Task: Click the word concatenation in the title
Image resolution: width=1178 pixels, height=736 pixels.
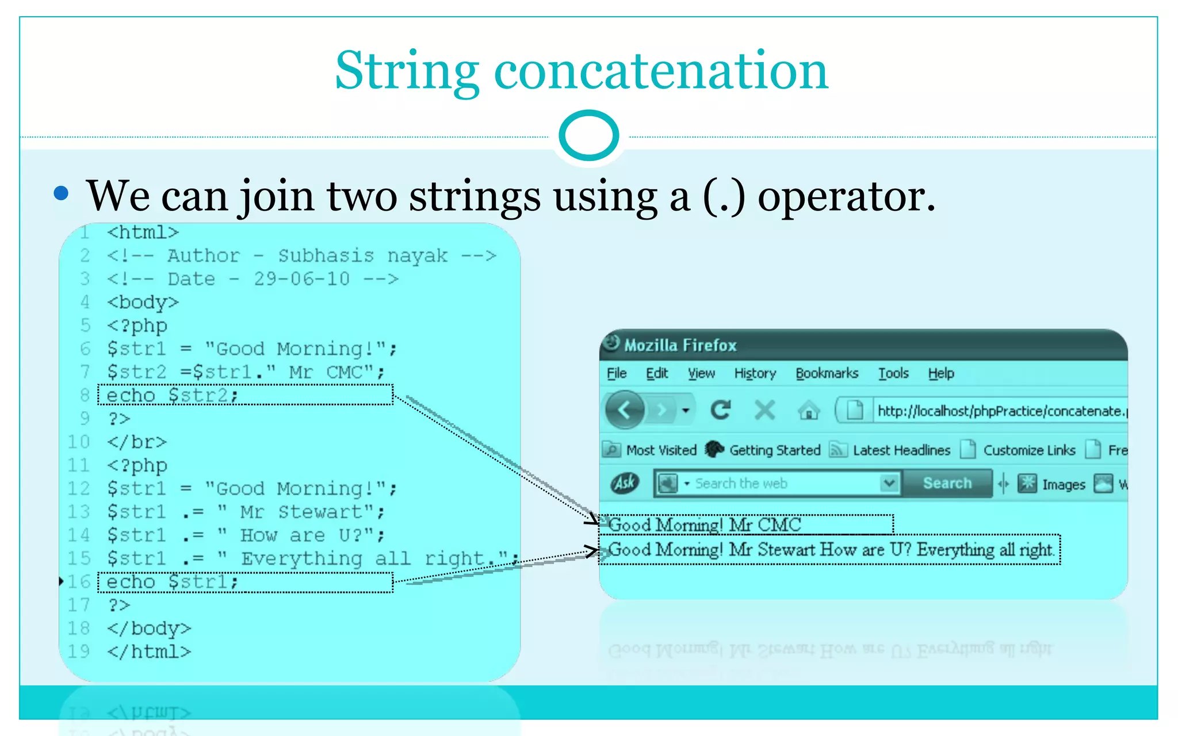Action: point(661,71)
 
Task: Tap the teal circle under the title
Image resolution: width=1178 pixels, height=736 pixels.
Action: point(588,136)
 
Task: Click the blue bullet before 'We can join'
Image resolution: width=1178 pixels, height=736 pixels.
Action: point(61,193)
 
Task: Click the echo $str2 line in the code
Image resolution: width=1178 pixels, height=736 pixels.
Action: point(173,396)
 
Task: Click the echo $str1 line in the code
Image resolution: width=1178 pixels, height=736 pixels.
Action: point(173,582)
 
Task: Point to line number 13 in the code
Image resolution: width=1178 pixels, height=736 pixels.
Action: point(79,512)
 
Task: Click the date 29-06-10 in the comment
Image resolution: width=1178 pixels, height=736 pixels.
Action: point(302,279)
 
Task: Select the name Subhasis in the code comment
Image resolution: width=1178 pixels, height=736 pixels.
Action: point(326,256)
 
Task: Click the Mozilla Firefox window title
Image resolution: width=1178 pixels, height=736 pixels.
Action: point(680,345)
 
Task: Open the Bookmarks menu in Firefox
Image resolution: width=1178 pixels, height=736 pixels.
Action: point(827,374)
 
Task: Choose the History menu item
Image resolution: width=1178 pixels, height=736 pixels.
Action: point(755,374)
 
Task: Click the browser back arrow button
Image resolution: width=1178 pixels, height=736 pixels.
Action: point(624,410)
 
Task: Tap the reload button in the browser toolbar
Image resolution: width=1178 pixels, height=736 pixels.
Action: point(720,410)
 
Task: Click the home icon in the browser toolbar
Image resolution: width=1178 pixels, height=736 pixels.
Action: point(808,411)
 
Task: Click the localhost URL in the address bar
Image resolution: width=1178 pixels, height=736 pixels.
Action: point(1001,411)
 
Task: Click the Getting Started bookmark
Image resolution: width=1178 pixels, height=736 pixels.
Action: point(774,450)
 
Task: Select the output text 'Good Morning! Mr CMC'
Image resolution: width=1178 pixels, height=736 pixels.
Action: point(705,525)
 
